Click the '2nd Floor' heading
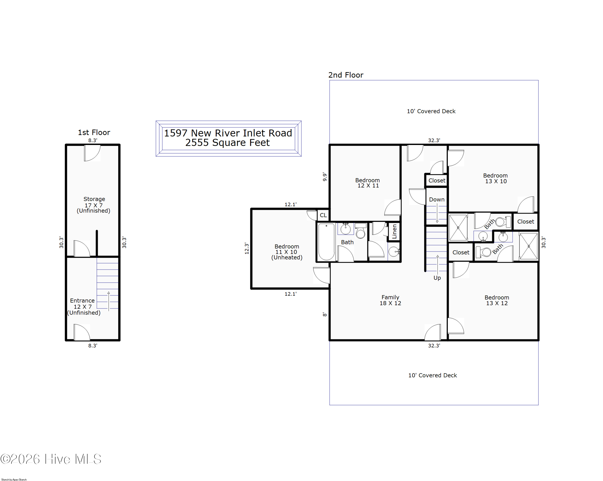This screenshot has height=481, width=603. click(346, 75)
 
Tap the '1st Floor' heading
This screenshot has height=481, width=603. click(94, 132)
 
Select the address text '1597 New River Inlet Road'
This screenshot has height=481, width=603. click(228, 133)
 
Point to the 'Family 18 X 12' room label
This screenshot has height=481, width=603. click(390, 300)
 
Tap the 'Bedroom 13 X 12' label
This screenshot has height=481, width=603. click(497, 300)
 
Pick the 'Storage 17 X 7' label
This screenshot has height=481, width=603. click(94, 205)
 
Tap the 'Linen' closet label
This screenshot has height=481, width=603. click(394, 231)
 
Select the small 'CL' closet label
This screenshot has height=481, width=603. click(323, 215)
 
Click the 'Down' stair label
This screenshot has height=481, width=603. click(437, 199)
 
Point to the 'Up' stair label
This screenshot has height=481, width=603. click(437, 278)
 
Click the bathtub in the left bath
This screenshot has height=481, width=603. click(326, 242)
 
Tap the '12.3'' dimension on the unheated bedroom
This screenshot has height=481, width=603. click(246, 248)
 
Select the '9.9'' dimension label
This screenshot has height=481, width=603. click(324, 177)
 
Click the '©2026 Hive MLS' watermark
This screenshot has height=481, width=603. click(51, 459)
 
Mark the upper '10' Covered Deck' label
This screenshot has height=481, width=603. click(431, 111)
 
